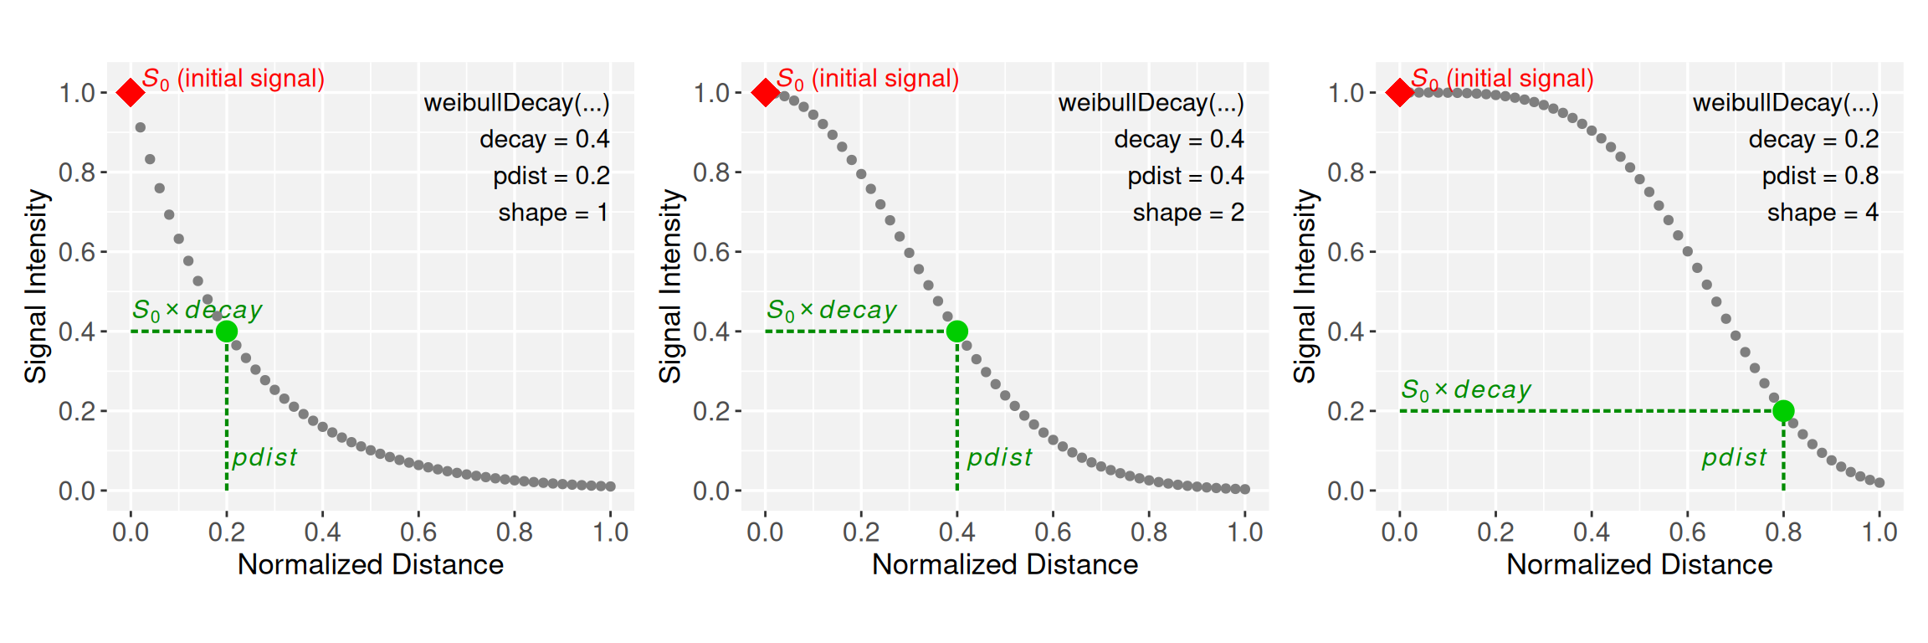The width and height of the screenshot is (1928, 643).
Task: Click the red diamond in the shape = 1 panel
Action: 130,92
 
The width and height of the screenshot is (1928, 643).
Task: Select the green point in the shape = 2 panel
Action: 956,332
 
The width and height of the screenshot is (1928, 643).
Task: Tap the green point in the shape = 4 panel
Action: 1783,411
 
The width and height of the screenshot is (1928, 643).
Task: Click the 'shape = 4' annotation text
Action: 1823,213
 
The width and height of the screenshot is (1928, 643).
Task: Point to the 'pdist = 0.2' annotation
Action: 551,176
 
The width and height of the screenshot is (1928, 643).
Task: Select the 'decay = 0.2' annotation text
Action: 1813,139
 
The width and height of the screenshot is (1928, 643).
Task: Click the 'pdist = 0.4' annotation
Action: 1185,176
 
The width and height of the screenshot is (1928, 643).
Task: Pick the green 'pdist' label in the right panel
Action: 1734,457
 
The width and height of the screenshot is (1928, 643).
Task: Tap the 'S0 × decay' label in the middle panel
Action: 831,311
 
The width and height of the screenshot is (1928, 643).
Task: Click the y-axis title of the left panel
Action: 35,285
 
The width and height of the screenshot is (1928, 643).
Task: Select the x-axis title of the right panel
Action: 1639,564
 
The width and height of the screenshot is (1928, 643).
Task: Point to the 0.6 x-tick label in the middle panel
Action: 1053,532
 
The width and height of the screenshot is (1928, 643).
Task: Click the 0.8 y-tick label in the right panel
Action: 1346,172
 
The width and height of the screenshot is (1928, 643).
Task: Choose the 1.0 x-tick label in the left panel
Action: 610,532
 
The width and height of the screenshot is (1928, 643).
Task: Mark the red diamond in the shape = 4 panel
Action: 1399,92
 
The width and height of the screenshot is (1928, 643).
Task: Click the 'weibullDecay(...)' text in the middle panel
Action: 1151,103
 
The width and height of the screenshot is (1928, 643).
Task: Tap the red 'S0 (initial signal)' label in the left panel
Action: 233,79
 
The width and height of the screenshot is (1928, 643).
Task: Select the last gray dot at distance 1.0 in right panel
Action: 1879,482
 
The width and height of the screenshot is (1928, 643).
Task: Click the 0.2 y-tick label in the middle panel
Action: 711,411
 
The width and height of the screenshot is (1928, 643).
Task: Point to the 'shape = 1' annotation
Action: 553,213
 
